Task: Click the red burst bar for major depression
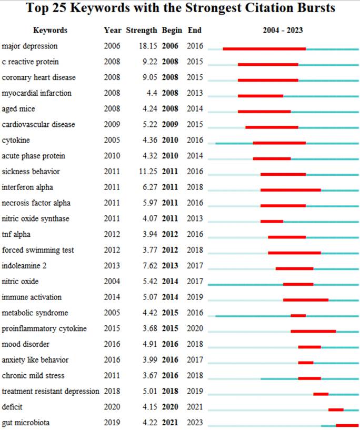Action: (264, 49)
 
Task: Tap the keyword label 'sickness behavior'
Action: (31, 172)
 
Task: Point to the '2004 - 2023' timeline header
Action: (283, 31)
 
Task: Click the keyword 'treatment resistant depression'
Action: (51, 391)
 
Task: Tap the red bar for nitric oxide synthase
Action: (272, 222)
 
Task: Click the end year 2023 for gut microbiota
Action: (195, 423)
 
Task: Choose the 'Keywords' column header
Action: (50, 31)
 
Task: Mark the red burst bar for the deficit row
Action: (336, 409)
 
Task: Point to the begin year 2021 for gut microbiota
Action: (170, 423)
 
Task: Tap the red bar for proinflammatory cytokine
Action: (313, 331)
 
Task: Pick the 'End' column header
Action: (195, 31)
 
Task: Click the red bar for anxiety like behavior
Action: (306, 363)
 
